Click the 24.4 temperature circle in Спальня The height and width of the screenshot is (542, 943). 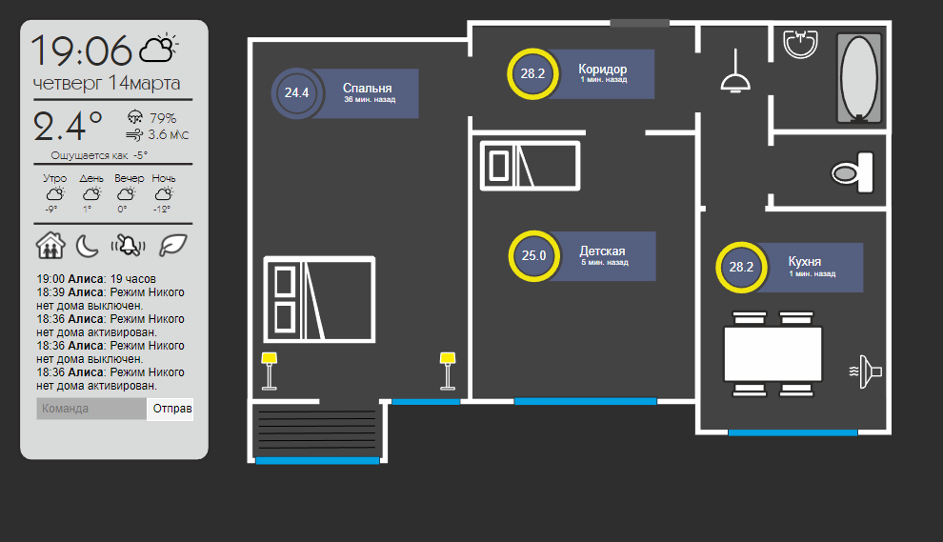click(x=296, y=93)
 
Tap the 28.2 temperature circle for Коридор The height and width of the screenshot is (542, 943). click(x=532, y=73)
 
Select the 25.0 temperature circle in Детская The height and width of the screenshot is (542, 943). click(x=533, y=255)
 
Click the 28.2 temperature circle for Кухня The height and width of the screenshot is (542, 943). click(x=741, y=267)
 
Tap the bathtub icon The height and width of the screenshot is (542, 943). click(x=860, y=78)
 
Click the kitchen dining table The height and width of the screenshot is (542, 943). click(x=772, y=353)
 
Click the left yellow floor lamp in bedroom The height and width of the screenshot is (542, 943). click(x=270, y=370)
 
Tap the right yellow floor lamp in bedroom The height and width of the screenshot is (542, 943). click(x=448, y=370)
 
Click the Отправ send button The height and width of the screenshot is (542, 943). click(x=172, y=409)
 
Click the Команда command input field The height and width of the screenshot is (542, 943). click(x=91, y=409)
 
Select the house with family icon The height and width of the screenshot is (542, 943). click(x=50, y=245)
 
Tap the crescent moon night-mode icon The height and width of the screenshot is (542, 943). click(x=88, y=245)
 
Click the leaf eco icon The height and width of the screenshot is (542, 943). click(x=173, y=245)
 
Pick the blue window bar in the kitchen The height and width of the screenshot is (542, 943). click(x=793, y=433)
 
